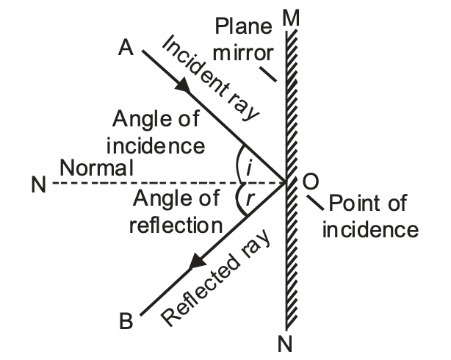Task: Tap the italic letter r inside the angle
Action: click(x=249, y=198)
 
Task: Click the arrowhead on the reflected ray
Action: click(x=198, y=261)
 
